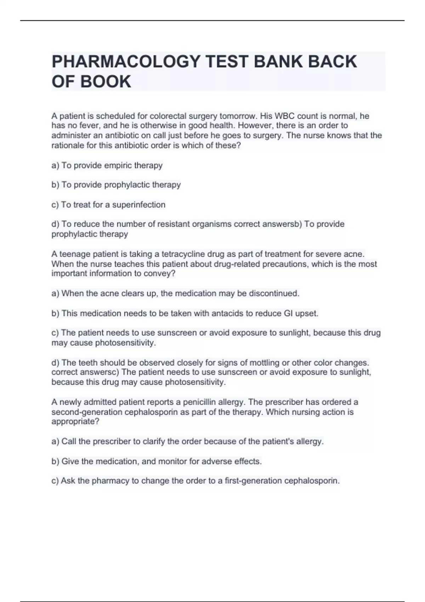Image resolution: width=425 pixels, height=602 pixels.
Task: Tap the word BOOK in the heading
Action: [106, 81]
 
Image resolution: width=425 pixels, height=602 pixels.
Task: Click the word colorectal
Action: [168, 116]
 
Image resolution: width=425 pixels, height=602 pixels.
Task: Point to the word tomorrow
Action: [239, 116]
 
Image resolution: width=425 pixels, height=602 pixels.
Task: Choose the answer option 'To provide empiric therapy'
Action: [107, 165]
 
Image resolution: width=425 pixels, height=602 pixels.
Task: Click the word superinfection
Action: [138, 205]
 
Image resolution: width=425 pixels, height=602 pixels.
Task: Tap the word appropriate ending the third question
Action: [75, 421]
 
